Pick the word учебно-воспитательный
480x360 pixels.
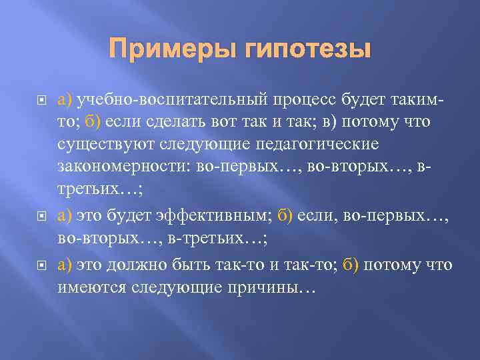click(x=171, y=101)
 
